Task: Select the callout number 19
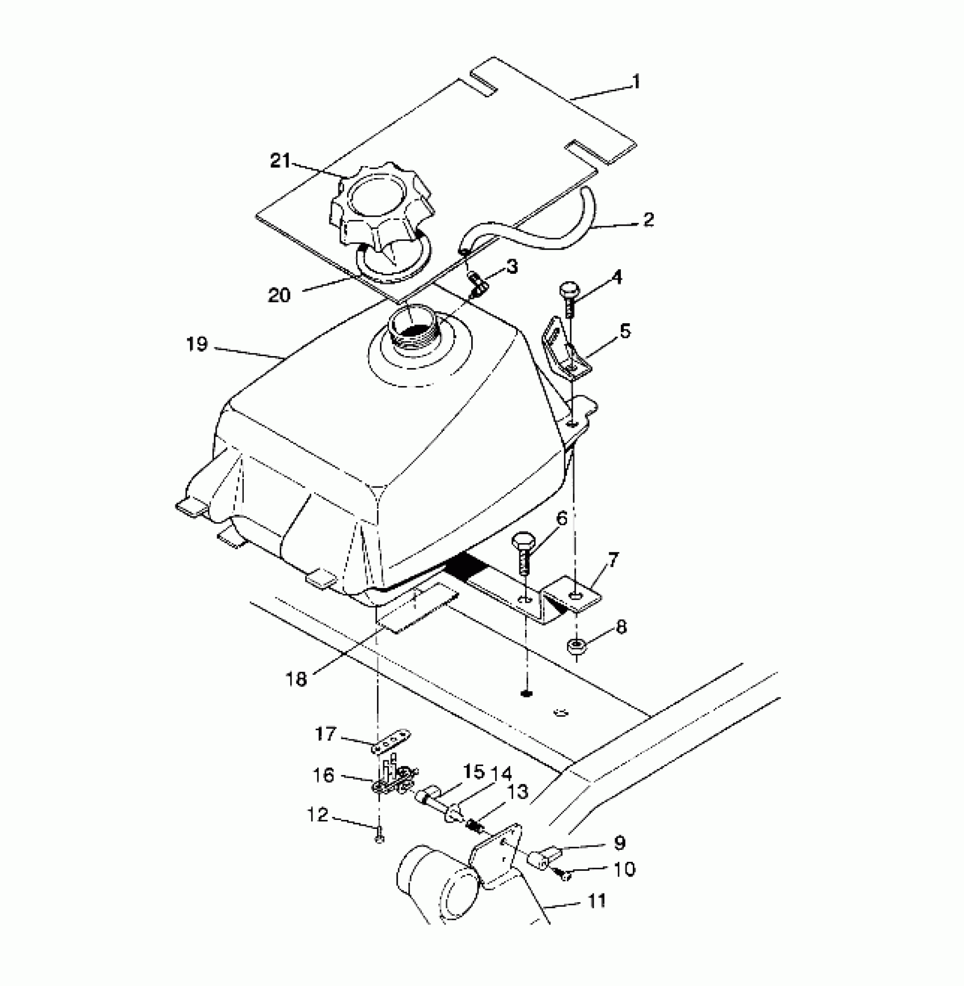[x=197, y=344]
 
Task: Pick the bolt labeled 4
[x=568, y=298]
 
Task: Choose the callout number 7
[x=614, y=560]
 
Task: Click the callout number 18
[x=297, y=679]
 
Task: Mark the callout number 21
[x=280, y=162]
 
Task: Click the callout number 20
[x=279, y=295]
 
